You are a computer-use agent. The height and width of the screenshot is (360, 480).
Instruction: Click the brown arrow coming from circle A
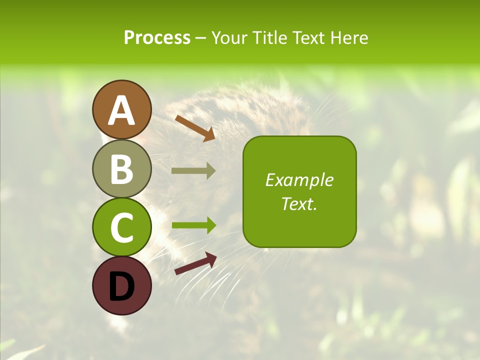(195, 128)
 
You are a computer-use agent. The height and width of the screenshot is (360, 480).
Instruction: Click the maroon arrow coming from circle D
(195, 264)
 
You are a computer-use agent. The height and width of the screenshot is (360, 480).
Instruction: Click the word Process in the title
(157, 37)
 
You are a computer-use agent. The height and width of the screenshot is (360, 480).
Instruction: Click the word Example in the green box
(299, 180)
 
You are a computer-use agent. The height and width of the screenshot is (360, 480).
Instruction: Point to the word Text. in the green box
(299, 203)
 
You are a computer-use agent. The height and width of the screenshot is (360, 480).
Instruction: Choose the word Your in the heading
(229, 37)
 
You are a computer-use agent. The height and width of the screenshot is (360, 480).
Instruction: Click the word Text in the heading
(311, 37)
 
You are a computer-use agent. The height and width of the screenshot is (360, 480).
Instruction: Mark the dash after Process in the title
(201, 38)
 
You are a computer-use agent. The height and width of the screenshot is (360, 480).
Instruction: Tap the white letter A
(121, 111)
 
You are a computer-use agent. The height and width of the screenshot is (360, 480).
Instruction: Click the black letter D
(121, 287)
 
